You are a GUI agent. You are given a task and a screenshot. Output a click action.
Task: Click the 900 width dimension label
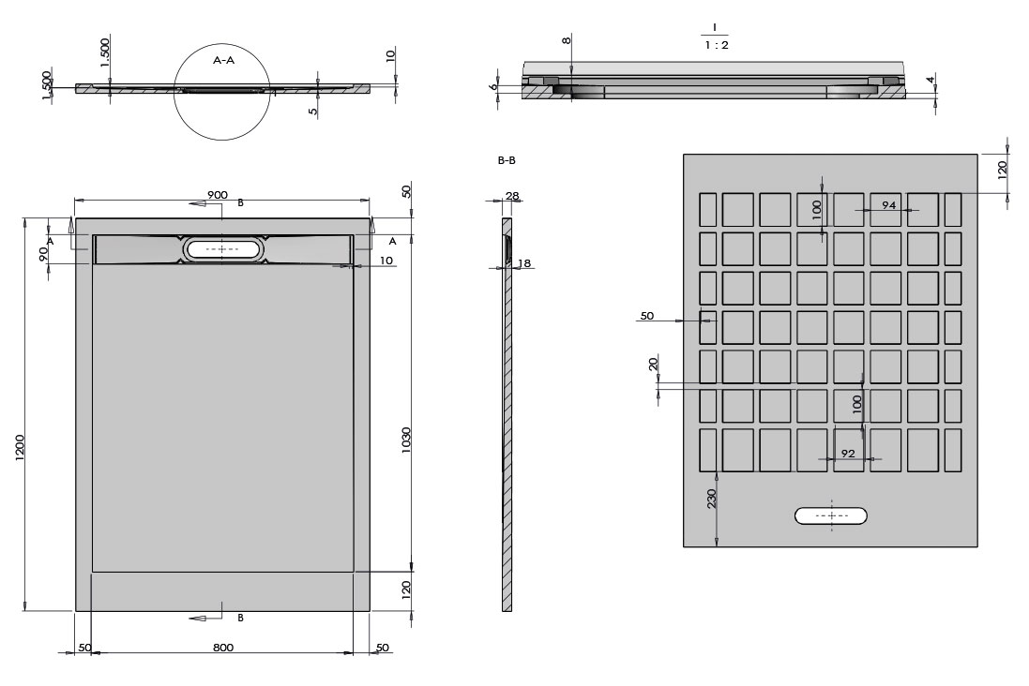click(218, 195)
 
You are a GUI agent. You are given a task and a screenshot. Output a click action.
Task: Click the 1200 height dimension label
click(19, 447)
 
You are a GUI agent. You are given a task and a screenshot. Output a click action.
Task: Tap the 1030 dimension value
click(406, 440)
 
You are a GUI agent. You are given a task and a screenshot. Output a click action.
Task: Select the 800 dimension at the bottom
click(223, 648)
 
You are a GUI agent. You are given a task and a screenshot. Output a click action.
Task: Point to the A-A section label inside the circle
click(224, 60)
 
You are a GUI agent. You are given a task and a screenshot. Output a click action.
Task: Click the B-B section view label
click(507, 160)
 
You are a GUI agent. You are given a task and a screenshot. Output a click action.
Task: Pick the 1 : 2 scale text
click(717, 45)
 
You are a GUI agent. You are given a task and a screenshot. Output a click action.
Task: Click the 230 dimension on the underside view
click(712, 499)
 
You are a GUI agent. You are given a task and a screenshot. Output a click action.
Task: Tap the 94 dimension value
click(888, 205)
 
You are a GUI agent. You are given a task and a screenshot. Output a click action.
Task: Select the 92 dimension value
click(848, 454)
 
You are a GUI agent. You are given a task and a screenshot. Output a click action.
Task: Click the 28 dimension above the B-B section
click(512, 196)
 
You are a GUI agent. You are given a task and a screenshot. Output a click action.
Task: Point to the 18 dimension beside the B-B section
click(524, 263)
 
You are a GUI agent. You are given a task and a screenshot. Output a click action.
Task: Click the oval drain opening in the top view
click(223, 249)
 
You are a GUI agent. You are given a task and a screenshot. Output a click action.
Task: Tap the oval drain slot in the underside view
click(831, 516)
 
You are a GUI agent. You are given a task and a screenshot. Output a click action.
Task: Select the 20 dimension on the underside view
click(653, 365)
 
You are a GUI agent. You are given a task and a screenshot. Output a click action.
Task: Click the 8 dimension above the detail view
click(567, 40)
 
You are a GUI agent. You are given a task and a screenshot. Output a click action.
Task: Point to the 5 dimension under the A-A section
click(313, 111)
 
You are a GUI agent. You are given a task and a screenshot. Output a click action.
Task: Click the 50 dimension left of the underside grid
click(647, 316)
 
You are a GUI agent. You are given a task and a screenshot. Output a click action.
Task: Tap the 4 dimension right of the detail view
click(930, 80)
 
